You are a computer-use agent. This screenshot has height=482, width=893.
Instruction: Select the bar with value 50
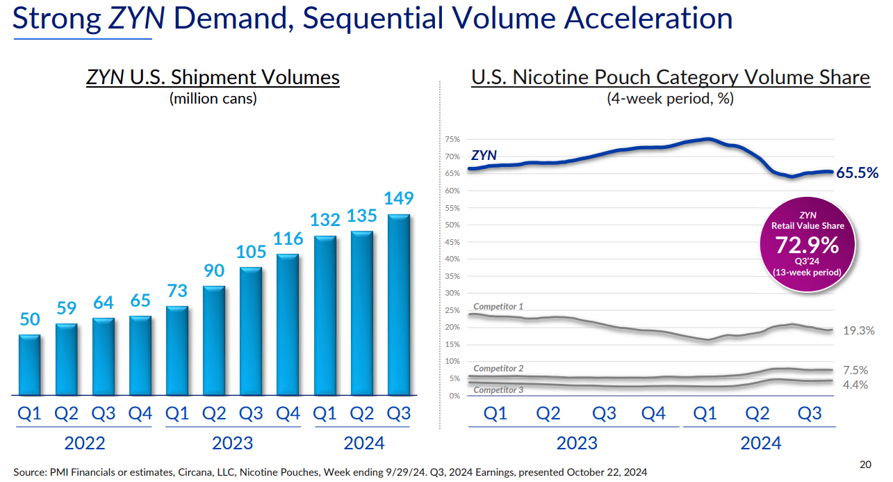(x=29, y=365)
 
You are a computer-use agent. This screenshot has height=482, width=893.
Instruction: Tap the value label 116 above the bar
(x=288, y=239)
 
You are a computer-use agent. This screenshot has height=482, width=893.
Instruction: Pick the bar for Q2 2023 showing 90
(x=214, y=341)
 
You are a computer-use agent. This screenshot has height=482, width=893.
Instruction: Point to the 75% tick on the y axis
(x=452, y=140)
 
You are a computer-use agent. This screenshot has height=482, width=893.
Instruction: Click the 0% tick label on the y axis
(x=454, y=396)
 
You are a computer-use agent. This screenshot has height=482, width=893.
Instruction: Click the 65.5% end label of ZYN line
(x=857, y=172)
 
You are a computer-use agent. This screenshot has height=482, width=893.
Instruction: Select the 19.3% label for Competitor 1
(x=858, y=330)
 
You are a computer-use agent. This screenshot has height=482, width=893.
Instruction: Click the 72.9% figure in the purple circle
(x=808, y=245)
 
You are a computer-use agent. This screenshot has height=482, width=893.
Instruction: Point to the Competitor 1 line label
(x=498, y=307)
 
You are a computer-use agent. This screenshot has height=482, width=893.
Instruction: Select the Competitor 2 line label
(x=498, y=369)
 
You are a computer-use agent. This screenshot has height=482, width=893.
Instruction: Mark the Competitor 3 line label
(x=498, y=390)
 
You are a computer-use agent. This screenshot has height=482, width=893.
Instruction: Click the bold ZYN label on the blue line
(x=484, y=155)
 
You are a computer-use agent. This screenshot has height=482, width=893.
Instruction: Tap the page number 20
(x=865, y=465)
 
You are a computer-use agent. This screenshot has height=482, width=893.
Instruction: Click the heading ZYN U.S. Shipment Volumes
(x=213, y=77)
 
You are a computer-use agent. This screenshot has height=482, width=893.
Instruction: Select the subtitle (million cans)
(x=213, y=98)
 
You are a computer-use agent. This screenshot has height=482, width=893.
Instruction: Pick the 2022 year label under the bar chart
(x=85, y=442)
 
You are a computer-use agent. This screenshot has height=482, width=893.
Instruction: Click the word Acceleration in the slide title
(x=648, y=18)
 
